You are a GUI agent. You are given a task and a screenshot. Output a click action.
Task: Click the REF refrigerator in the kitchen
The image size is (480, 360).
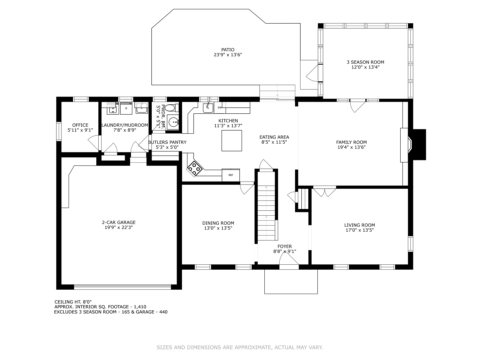231,175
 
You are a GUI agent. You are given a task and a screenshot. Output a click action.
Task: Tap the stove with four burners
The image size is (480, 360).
194,169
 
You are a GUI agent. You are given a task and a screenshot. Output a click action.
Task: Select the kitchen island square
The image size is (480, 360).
232,141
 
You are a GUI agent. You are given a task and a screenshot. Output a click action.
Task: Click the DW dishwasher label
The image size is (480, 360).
220,108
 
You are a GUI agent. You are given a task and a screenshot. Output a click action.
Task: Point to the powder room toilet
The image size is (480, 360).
172,108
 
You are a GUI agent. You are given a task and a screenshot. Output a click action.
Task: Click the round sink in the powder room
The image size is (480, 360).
173,122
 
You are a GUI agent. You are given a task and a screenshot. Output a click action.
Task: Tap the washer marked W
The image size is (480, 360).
113,108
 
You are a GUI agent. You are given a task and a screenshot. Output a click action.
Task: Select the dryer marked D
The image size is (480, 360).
126,108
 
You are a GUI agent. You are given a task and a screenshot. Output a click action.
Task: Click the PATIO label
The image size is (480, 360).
228,50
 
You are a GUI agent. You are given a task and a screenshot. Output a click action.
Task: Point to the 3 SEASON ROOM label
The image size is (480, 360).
365,62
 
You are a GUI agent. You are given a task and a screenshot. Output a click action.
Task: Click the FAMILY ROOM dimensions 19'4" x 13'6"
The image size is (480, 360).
351,147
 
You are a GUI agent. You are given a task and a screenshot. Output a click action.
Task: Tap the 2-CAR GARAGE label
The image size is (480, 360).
119,222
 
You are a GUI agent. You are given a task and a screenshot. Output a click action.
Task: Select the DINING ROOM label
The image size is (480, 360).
218,223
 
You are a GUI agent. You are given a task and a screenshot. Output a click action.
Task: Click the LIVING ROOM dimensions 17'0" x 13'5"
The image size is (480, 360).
360,230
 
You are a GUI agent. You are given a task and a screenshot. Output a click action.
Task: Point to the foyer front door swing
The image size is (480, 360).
289,261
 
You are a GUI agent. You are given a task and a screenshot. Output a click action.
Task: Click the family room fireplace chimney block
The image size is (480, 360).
419,144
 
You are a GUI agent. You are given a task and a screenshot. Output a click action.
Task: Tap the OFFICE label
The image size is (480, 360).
80,125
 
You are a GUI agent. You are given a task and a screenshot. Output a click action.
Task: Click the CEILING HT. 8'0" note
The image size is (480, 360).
73,302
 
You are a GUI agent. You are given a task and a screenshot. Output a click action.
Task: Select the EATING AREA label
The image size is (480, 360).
274,137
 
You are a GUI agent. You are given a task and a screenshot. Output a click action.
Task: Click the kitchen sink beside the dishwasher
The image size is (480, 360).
208,108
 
